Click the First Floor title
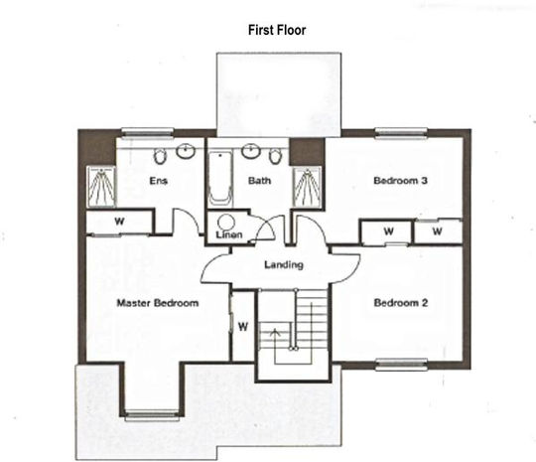coord(277,30)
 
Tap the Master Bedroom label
coord(158,303)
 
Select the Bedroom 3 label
coord(400,181)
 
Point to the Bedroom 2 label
coord(401,303)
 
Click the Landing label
coord(284,264)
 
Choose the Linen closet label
coord(229,234)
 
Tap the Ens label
coord(158,181)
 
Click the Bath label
coord(259,181)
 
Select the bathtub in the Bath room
coord(220,179)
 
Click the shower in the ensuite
coord(101,187)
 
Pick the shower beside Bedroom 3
coord(308,187)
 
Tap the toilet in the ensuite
coord(159,157)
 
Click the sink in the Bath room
coord(251,151)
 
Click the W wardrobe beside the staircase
coord(243,327)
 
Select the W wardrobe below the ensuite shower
coord(119,222)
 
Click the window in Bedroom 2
coord(401,364)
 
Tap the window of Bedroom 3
coord(401,133)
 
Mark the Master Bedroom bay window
coord(152,414)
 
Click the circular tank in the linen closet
coord(226,223)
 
